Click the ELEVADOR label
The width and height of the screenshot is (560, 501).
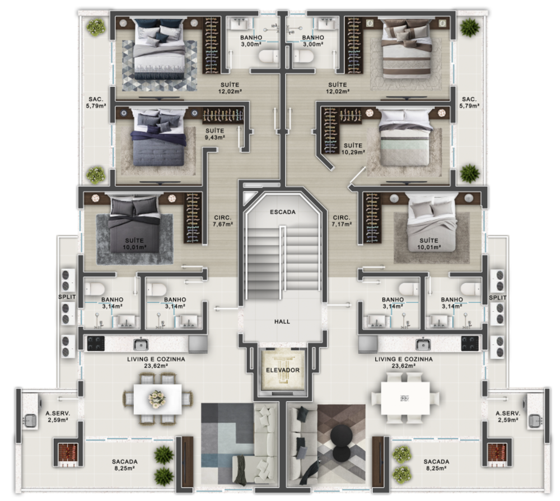coord(282,371)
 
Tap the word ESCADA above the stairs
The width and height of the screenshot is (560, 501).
coord(282,212)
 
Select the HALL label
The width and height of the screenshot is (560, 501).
coord(282,322)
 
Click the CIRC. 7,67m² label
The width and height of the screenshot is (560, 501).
coord(223,221)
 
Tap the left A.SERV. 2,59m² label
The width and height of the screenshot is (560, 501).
coord(58,416)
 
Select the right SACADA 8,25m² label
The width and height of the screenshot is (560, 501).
coord(436,465)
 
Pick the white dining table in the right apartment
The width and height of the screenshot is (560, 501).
coord(405,398)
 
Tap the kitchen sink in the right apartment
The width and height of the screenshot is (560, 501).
coord(423,344)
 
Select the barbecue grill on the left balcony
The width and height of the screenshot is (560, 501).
coord(64,451)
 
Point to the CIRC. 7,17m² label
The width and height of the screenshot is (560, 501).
coord(342,221)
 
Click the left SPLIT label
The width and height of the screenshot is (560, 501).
coord(67,297)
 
